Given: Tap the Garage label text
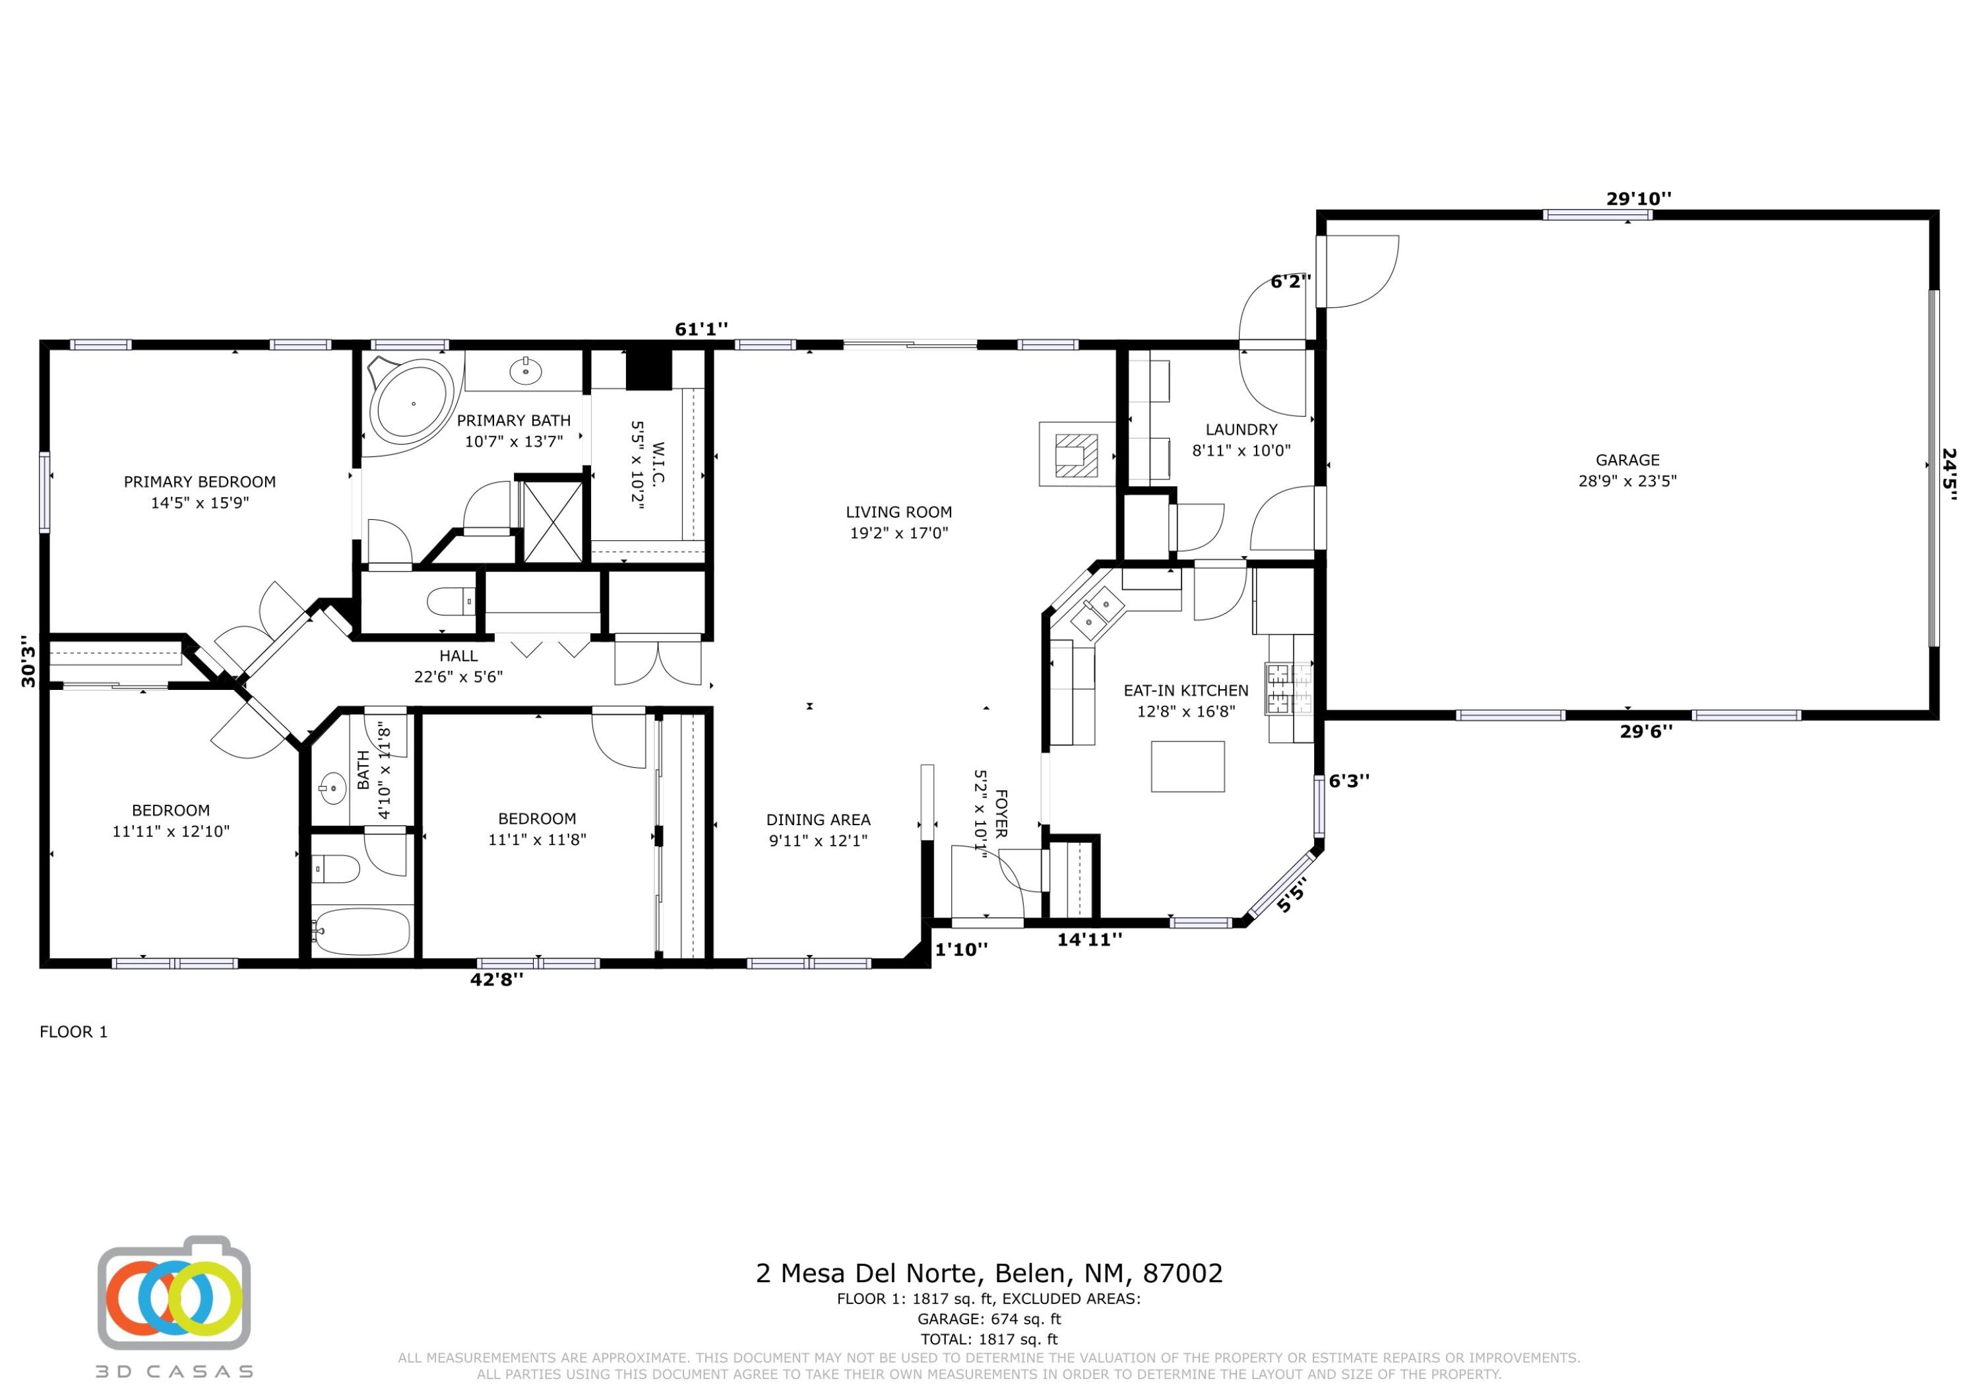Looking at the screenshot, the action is (1627, 460).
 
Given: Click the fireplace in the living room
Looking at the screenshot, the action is (1077, 454).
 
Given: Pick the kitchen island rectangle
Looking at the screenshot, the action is (1188, 766).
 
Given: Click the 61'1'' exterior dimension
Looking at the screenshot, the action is (701, 328).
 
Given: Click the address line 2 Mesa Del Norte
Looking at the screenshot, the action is (989, 1273).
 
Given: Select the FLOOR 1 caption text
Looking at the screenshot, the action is (74, 1032).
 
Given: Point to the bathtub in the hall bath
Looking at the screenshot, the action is (360, 931).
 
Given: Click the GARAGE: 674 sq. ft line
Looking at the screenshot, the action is (989, 1319).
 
